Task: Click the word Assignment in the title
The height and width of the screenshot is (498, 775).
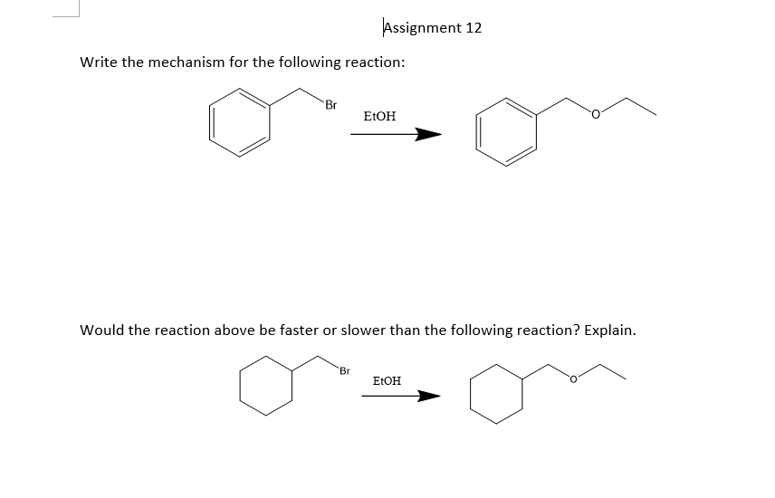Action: click(x=422, y=27)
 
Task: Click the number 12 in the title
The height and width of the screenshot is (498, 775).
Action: click(x=474, y=27)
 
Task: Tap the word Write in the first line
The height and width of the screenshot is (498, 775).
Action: click(x=99, y=62)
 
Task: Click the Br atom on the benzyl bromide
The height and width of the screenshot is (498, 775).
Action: click(x=330, y=105)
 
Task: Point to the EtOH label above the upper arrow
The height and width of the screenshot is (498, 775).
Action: click(x=379, y=117)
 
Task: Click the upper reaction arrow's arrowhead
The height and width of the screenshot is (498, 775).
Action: click(x=428, y=136)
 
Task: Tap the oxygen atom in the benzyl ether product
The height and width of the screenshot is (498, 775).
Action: click(x=595, y=115)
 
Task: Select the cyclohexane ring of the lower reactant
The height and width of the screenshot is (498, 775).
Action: click(x=267, y=384)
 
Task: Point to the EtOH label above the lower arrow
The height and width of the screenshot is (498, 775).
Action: click(x=387, y=381)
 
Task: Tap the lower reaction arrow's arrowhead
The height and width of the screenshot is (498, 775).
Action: click(x=429, y=396)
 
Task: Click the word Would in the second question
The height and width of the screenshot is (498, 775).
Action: click(x=102, y=330)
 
